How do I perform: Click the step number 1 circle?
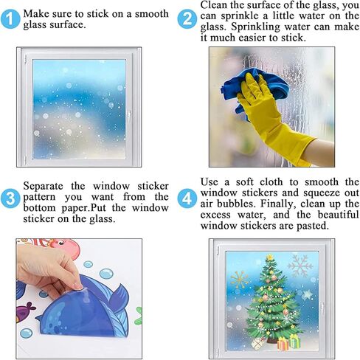(10, 19)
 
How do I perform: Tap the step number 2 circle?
(187, 19)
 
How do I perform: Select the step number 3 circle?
(10, 198)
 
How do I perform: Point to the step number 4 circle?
(187, 198)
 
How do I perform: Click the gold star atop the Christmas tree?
(270, 257)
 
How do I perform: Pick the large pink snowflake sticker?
(300, 266)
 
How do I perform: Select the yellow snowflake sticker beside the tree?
(240, 280)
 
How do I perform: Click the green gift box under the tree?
(294, 341)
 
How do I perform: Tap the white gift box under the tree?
(257, 344)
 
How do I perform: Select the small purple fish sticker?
(26, 311)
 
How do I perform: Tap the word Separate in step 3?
(43, 186)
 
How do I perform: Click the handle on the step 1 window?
(128, 114)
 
